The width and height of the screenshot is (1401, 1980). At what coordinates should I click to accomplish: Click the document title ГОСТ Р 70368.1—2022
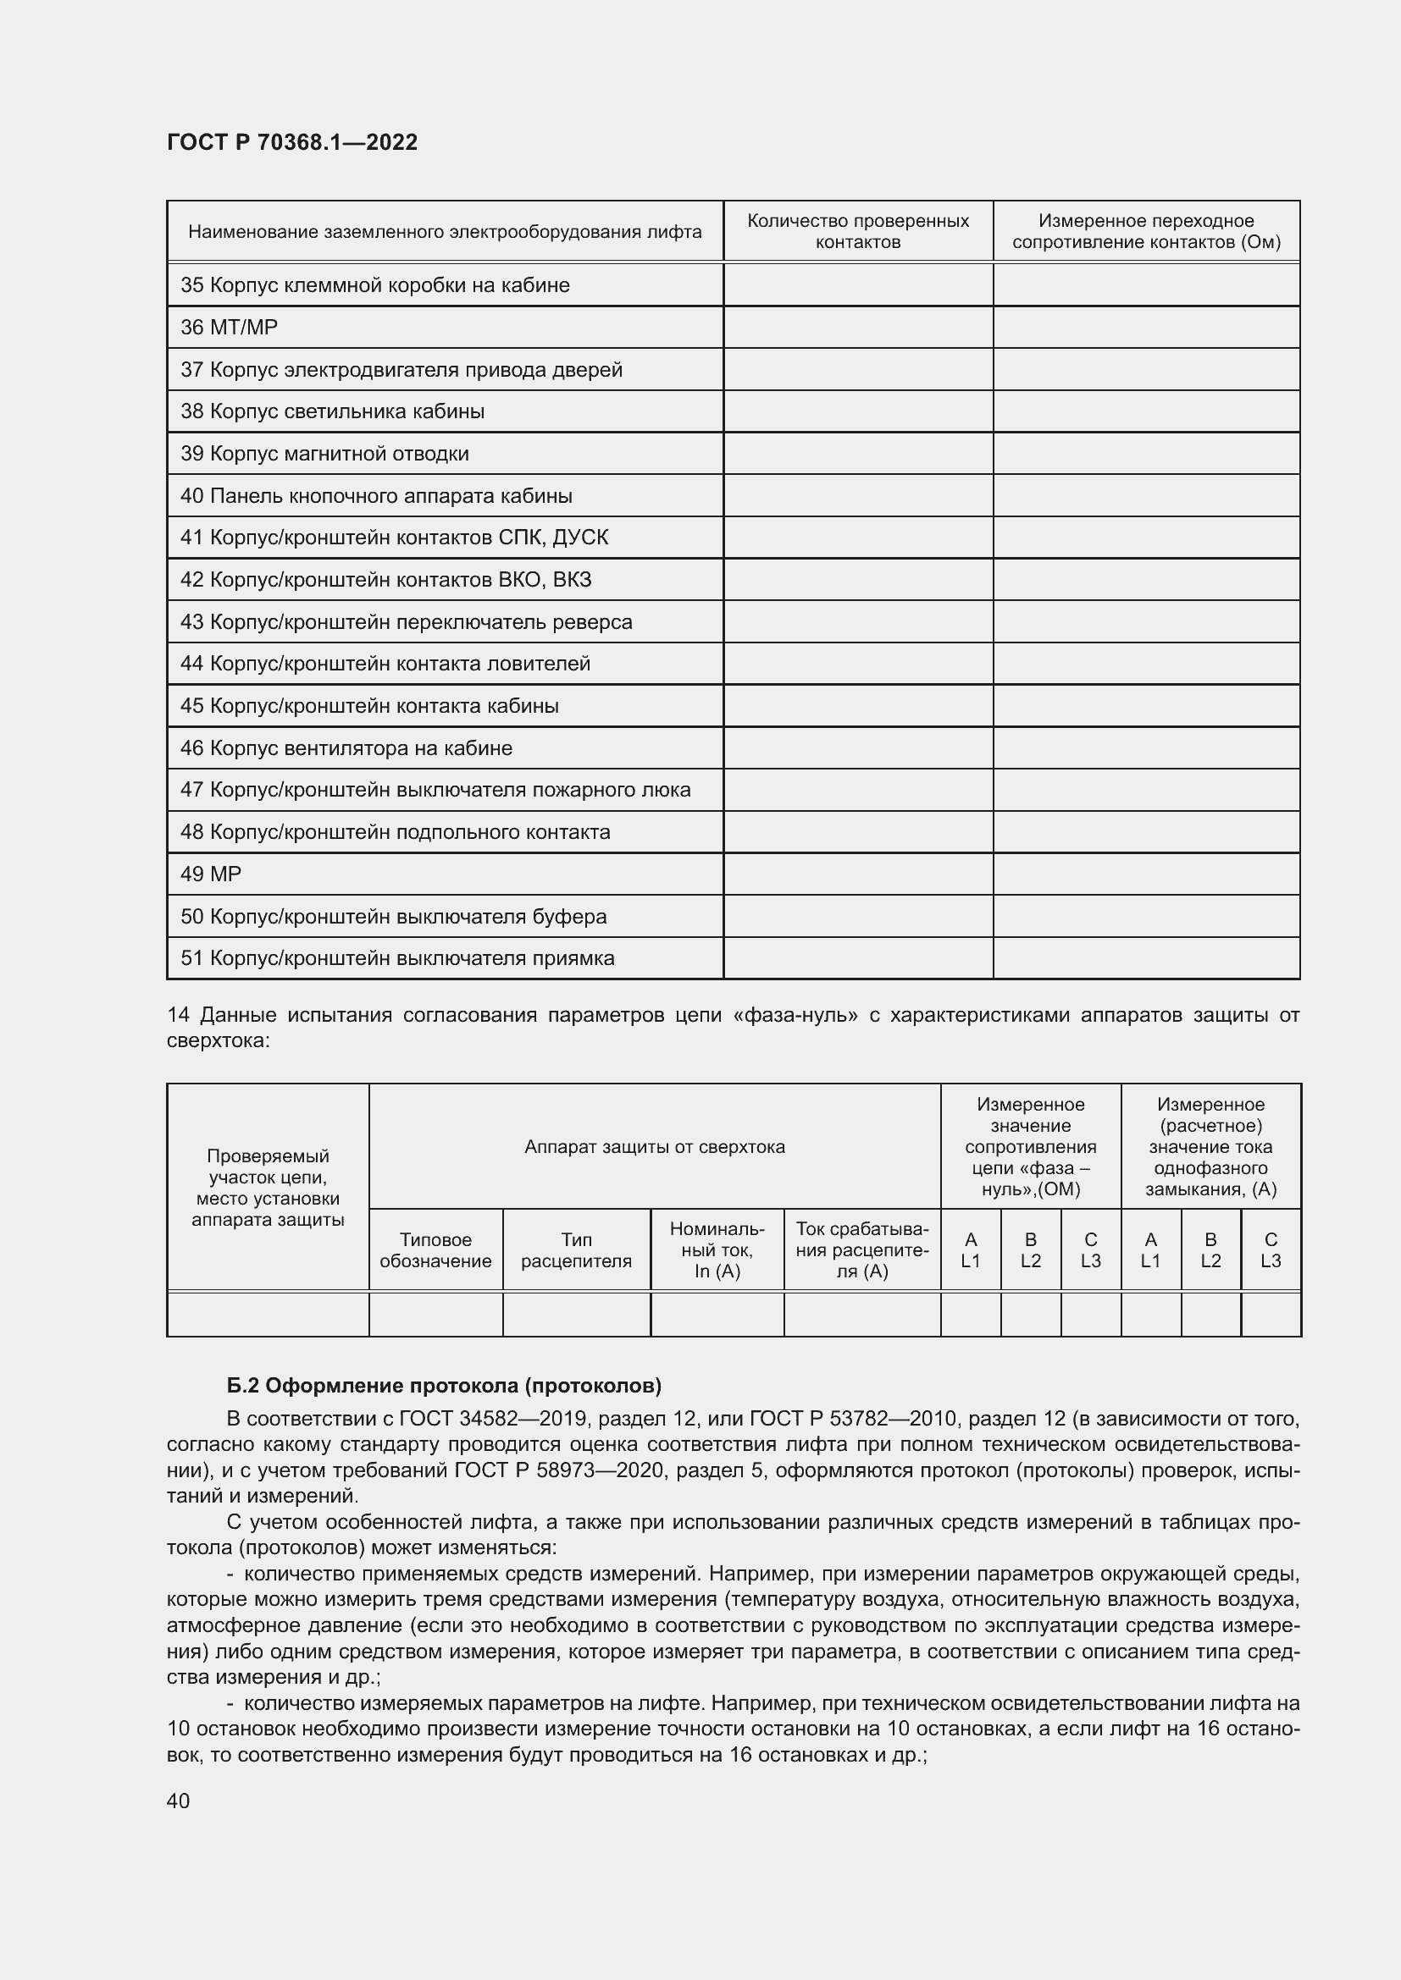(291, 142)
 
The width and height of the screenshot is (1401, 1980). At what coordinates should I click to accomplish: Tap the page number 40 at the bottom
(178, 1801)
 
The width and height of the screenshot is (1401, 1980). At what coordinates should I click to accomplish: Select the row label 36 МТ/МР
(229, 328)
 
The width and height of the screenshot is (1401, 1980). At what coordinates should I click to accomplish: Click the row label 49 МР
(211, 874)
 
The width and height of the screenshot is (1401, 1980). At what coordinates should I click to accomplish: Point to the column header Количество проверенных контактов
(857, 231)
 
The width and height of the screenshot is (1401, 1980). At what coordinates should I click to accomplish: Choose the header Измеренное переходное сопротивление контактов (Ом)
(1146, 231)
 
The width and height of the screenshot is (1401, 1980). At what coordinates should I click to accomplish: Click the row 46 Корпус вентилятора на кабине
(346, 748)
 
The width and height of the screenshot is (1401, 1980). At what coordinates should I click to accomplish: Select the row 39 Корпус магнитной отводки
(324, 454)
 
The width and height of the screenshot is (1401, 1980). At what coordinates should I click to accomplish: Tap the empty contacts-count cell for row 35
(857, 285)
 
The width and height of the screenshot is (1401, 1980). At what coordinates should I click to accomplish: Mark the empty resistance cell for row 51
(1146, 959)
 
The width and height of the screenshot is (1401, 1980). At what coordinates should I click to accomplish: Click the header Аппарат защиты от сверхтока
(654, 1147)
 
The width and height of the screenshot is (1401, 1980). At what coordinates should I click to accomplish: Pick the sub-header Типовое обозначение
(435, 1250)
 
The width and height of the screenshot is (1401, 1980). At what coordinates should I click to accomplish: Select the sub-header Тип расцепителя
(576, 1250)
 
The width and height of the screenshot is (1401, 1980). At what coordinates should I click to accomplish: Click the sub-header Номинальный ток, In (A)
(717, 1250)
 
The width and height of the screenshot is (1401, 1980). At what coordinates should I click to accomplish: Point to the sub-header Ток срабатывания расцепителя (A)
(861, 1250)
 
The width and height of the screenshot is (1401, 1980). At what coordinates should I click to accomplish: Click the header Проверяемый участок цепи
(268, 1188)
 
